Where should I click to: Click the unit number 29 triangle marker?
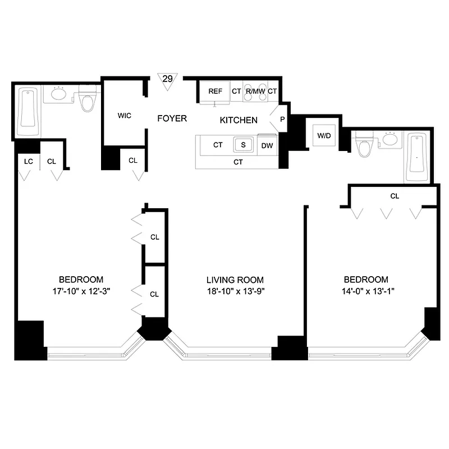point(167,79)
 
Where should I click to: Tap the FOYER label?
point(172,118)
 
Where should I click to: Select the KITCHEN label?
point(238,120)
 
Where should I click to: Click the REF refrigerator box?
point(215,91)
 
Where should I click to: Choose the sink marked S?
point(243,144)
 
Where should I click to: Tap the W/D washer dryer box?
point(324,135)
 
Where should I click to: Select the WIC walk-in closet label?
point(124,116)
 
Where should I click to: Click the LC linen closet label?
point(28,161)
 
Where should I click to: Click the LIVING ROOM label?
point(235,280)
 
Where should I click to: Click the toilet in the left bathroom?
point(88,100)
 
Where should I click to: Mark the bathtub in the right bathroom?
point(418,158)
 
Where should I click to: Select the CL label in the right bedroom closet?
point(394,196)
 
